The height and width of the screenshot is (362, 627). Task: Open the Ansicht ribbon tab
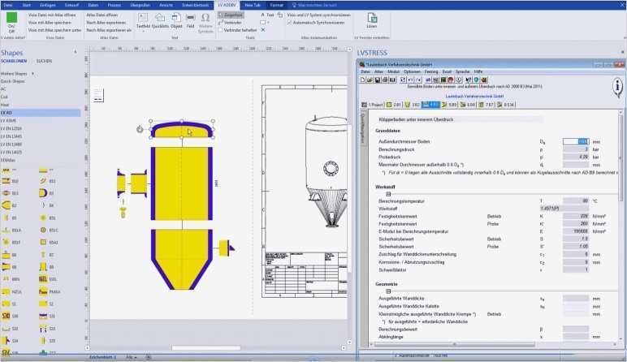pos(166,5)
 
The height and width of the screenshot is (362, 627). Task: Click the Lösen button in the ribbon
pos(372,22)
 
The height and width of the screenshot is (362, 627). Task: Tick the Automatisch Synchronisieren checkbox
pos(290,22)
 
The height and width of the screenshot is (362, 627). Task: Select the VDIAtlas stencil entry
pos(9,159)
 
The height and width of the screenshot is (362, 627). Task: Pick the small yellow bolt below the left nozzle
pos(123,212)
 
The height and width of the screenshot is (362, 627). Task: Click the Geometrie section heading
pos(387,284)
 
